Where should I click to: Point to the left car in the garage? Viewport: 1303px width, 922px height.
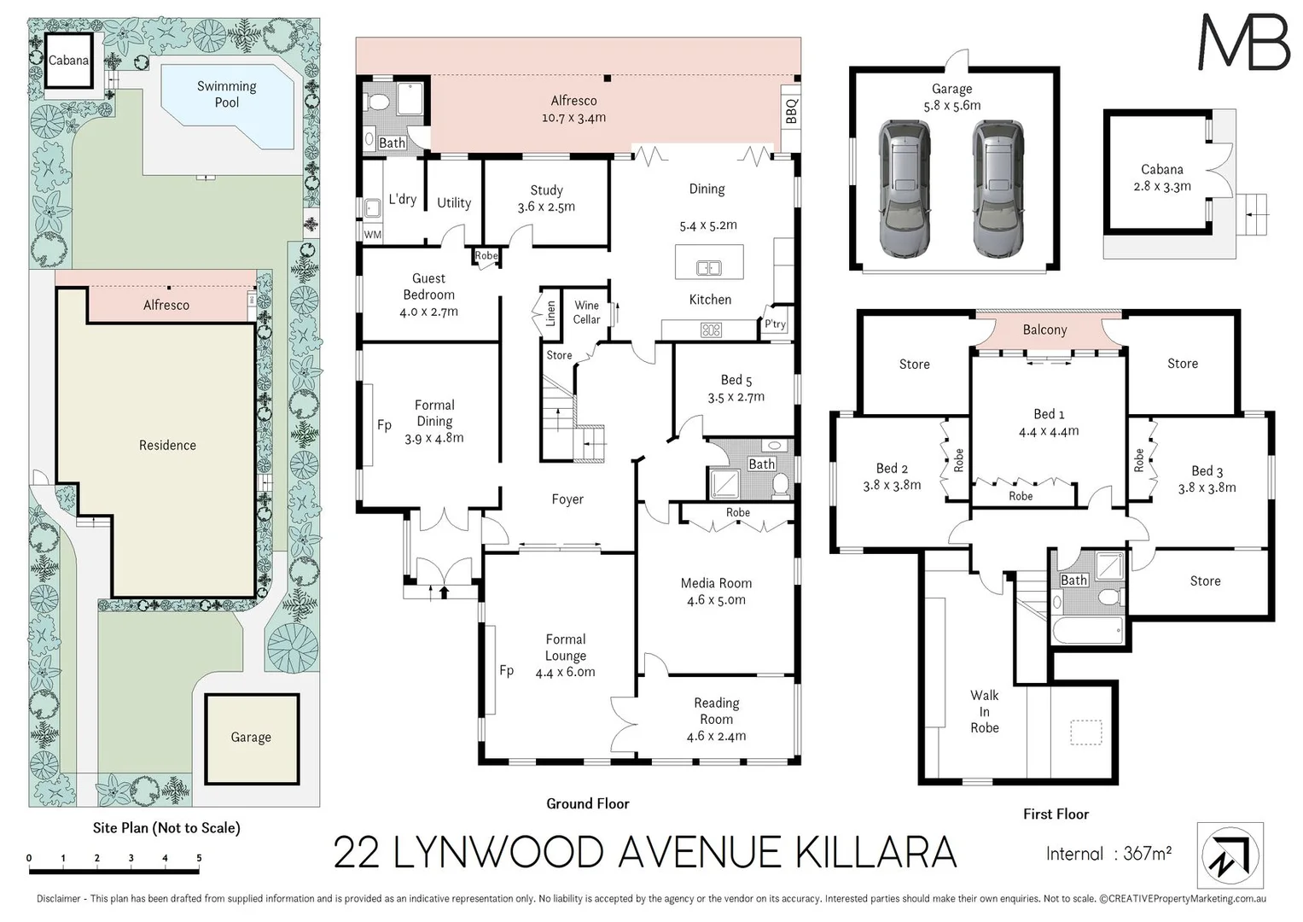[906, 189]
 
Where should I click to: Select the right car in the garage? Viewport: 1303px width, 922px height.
[998, 189]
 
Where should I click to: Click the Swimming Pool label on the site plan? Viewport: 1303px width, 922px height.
[226, 94]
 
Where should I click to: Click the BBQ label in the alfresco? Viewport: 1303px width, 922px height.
[791, 110]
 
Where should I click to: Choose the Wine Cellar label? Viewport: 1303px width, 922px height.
[586, 312]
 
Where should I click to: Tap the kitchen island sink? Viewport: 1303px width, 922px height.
[708, 268]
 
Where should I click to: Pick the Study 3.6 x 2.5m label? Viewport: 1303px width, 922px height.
[546, 198]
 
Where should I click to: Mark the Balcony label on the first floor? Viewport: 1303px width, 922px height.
[1044, 330]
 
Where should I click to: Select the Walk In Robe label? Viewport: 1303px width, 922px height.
[984, 711]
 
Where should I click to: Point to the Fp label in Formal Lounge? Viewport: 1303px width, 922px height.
[506, 671]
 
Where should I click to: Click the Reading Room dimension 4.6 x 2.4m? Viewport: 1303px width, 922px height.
[716, 736]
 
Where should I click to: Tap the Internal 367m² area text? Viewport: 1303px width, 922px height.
[1108, 854]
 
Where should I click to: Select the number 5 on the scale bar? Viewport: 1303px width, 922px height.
[199, 858]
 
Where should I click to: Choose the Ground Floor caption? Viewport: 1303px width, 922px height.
[587, 803]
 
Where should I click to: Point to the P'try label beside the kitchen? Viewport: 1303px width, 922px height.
[775, 324]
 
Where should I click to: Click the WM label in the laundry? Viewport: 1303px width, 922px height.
[373, 234]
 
